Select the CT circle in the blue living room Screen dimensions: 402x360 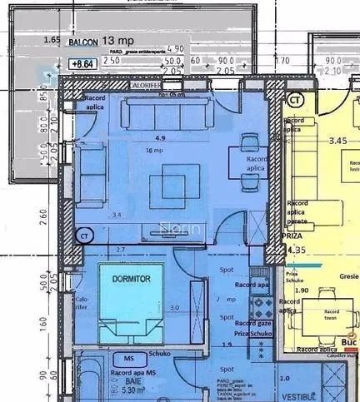coord(85,236)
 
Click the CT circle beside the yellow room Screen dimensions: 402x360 coord(293,101)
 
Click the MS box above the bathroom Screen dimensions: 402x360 coord(127,358)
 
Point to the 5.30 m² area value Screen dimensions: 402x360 coord(134,389)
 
